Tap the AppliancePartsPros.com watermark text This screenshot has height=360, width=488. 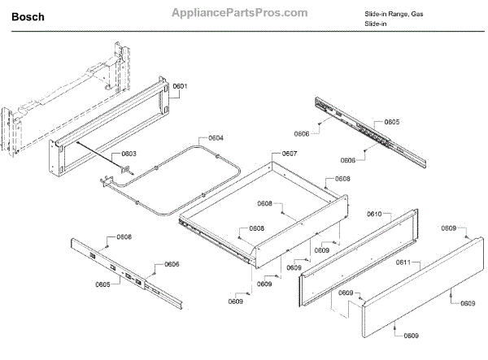click(239, 14)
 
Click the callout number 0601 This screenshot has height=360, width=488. click(180, 87)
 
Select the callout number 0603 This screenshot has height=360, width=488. click(129, 154)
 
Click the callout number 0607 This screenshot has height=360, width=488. click(290, 154)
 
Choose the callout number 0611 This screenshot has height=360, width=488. click(403, 262)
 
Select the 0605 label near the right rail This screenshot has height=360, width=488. click(392, 122)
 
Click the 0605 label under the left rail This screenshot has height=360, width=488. click(102, 284)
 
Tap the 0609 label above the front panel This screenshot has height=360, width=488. click(450, 229)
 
